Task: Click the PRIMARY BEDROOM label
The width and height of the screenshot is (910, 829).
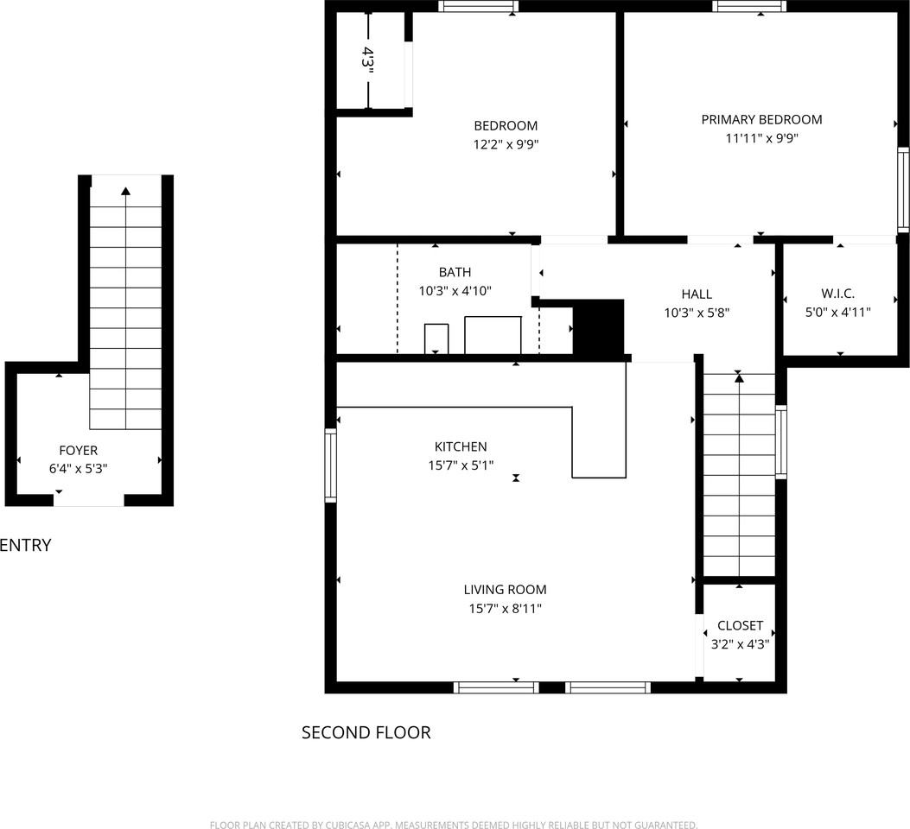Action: coord(761,120)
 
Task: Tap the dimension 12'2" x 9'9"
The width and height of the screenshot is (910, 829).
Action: coord(506,145)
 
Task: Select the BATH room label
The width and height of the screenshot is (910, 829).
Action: coord(455,273)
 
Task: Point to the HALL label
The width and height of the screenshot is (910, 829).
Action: coord(697,294)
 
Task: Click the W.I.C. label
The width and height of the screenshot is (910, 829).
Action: coord(837,294)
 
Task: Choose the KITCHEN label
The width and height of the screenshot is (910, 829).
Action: coord(461,446)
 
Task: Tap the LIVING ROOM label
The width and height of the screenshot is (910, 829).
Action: coord(505,590)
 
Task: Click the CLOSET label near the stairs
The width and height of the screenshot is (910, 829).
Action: coord(740,625)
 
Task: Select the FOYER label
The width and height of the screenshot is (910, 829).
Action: coord(78,450)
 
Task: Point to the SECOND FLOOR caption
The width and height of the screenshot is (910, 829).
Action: coord(366,733)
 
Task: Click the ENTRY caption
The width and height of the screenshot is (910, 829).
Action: coord(25,545)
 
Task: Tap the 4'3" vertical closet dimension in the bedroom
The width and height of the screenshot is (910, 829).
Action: coord(368,62)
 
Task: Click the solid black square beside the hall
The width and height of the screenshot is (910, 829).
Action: coord(598,327)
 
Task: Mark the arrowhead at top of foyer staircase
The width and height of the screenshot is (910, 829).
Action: coord(126,191)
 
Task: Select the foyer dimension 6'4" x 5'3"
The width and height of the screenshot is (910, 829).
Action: coord(78,469)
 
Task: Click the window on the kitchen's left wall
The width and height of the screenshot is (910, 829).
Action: coord(330,465)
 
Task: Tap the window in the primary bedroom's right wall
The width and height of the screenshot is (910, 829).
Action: coord(903,189)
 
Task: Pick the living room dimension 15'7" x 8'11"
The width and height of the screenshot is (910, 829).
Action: coord(505,609)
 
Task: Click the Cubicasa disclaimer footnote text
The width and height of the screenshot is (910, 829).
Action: coord(454,825)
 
